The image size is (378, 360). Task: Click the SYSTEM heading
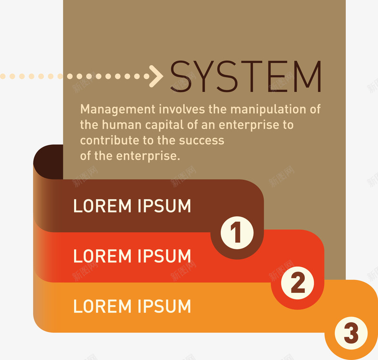click(246, 76)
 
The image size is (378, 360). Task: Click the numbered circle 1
click(237, 233)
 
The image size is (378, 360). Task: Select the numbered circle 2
click(298, 283)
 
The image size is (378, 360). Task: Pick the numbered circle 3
click(351, 333)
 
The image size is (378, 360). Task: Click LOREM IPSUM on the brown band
click(132, 206)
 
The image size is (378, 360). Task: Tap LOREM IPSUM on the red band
click(132, 256)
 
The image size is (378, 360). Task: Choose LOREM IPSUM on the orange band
click(132, 306)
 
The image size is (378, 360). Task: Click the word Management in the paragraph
click(118, 110)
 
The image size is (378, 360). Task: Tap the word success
click(202, 141)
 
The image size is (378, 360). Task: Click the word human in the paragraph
click(121, 125)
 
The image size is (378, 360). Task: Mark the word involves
click(182, 109)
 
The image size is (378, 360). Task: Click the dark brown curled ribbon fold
click(48, 162)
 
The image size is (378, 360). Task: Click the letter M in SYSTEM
click(308, 76)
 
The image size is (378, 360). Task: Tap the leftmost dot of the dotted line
click(3, 76)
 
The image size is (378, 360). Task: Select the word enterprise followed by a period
click(148, 157)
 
